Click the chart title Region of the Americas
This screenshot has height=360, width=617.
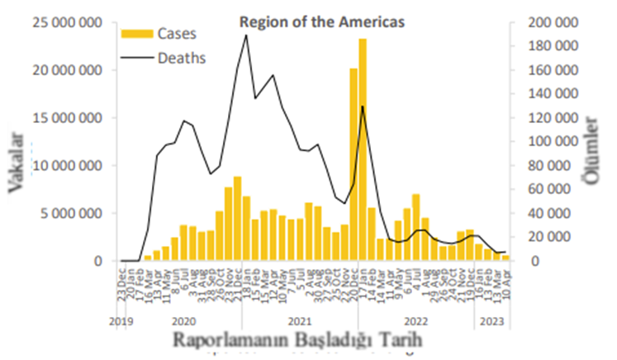tap(322, 23)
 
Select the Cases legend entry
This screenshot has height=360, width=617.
tap(159, 34)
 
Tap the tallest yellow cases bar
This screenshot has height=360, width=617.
tap(363, 149)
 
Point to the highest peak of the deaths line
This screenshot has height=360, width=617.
tap(246, 36)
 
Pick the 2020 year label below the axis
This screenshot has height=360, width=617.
tap(183, 322)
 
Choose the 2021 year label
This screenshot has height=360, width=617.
tap(300, 322)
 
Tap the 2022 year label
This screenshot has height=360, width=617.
tap(415, 322)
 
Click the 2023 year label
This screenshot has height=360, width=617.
tap(492, 322)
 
